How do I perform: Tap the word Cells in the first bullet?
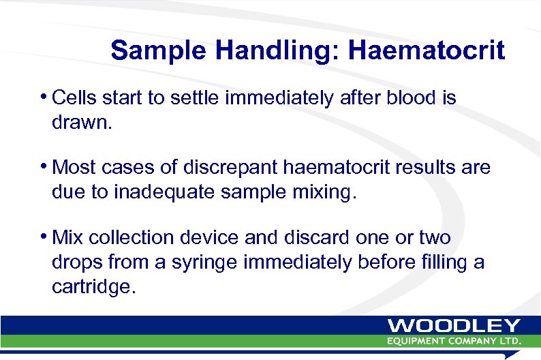click(74, 98)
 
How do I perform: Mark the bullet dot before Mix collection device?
click(45, 237)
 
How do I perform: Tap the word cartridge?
click(94, 287)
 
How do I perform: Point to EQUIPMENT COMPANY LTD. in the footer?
click(454, 340)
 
